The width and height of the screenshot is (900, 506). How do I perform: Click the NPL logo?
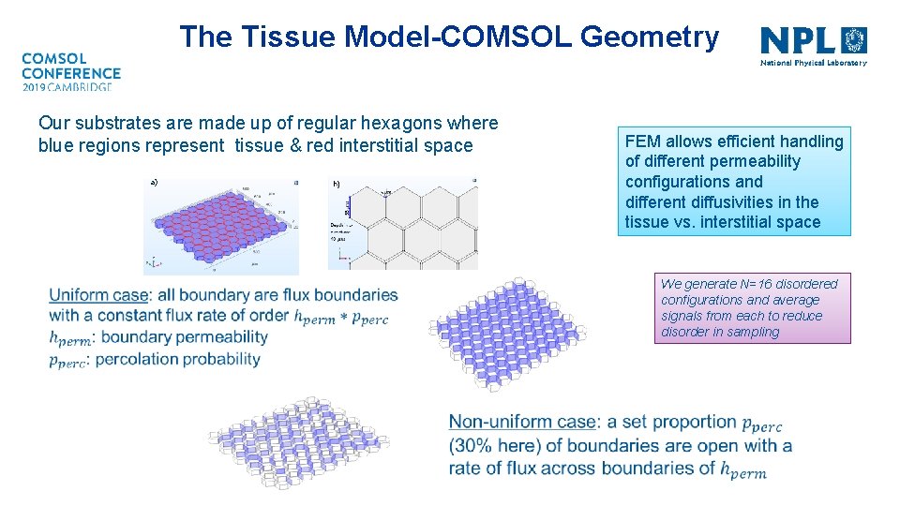pos(813,45)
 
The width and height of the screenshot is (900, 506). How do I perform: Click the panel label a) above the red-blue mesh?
pos(154,182)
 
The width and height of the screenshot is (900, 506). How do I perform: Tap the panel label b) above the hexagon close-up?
pos(337,184)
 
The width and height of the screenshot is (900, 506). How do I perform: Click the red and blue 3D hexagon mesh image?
pos(220,225)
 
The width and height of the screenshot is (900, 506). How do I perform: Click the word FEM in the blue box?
pos(643,141)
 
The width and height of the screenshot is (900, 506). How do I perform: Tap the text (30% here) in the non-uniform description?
pos(501,445)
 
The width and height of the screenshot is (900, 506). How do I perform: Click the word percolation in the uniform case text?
pos(140,359)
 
